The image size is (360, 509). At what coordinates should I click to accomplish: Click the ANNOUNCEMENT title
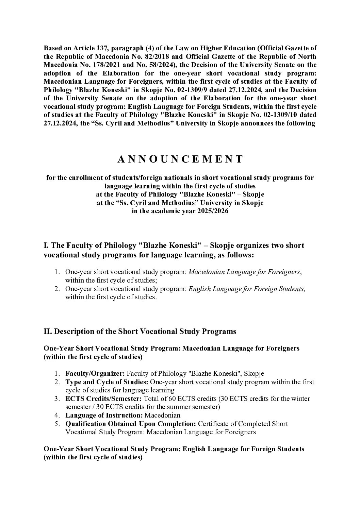tap(180, 159)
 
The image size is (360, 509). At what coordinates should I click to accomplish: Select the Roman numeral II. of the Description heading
tap(48, 332)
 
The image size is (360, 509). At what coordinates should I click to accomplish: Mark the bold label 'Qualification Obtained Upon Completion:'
tap(131, 424)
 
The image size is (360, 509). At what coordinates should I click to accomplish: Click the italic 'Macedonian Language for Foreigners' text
tap(244, 272)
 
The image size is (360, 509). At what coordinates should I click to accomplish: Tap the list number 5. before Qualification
tap(58, 424)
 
